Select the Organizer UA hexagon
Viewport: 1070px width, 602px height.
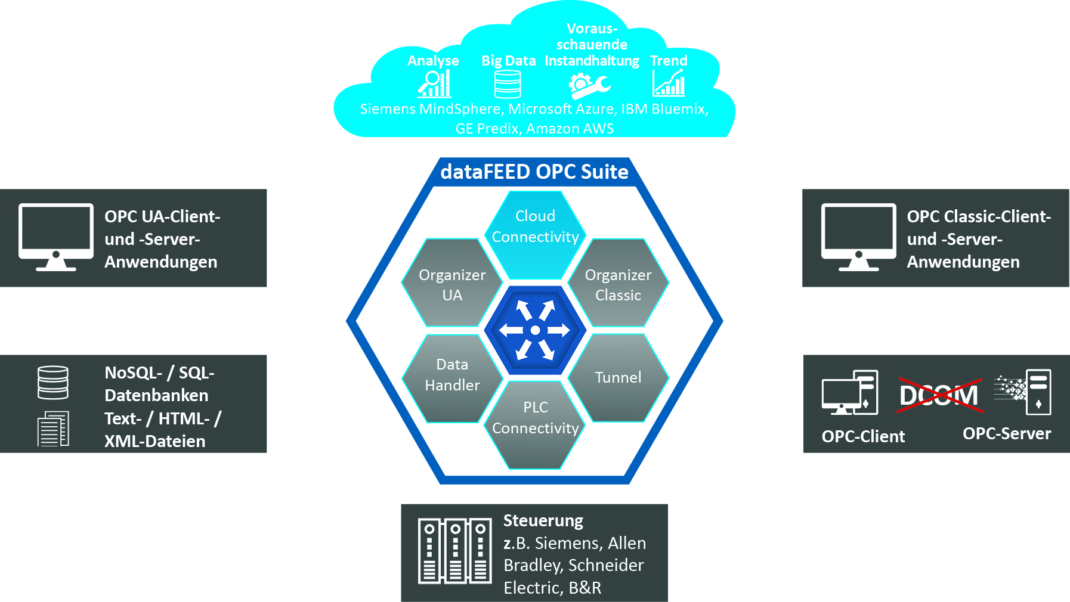click(x=452, y=284)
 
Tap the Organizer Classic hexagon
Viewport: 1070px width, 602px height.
click(x=618, y=284)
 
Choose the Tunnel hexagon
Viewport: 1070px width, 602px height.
click(x=618, y=378)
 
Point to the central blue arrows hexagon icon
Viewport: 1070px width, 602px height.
click(x=535, y=330)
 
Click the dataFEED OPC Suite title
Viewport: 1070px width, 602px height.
click(x=534, y=172)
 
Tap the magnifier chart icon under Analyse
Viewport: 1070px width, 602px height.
click(x=434, y=84)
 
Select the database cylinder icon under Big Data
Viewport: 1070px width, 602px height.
click(x=508, y=84)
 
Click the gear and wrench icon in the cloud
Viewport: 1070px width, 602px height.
click(x=589, y=85)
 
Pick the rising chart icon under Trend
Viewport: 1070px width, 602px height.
click(x=669, y=83)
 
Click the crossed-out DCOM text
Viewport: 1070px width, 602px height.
click(x=939, y=395)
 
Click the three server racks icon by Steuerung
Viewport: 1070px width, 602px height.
click(x=454, y=551)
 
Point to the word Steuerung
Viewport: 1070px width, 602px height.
click(x=543, y=520)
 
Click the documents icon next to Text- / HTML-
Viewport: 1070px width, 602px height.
click(x=53, y=429)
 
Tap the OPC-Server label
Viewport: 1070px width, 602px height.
click(x=1006, y=433)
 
